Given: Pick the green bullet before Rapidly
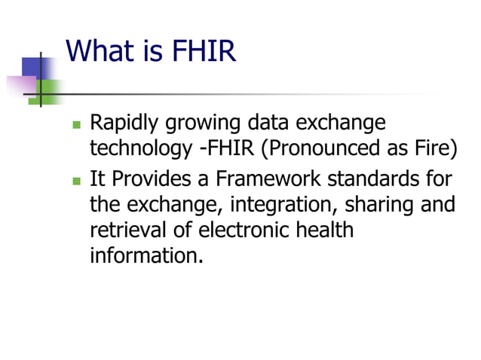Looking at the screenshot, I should tap(76, 124).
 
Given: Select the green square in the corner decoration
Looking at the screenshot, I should tap(50, 91).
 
